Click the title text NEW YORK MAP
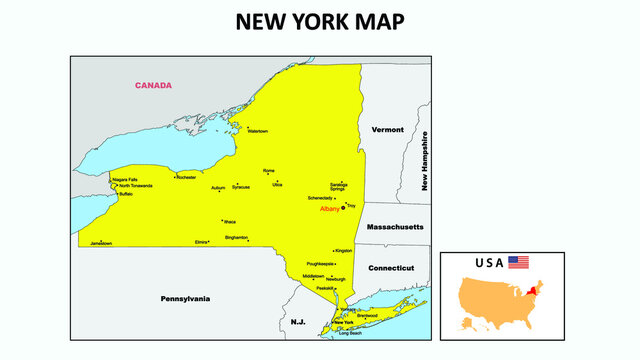tap(321, 22)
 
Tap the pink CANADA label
tap(154, 85)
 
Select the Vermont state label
tap(387, 130)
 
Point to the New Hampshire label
tap(425, 161)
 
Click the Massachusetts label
tap(395, 228)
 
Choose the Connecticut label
tap(391, 268)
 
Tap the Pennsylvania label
tap(186, 298)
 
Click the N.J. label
tap(298, 322)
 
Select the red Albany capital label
tap(330, 209)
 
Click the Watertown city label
tap(257, 131)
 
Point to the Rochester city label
tap(186, 177)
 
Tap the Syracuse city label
tap(241, 187)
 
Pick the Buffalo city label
tap(125, 194)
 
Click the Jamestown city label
tap(101, 243)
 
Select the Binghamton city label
tap(237, 237)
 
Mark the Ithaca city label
tap(230, 221)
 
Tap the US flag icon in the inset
tap(518, 262)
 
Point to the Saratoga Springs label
tap(338, 187)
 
